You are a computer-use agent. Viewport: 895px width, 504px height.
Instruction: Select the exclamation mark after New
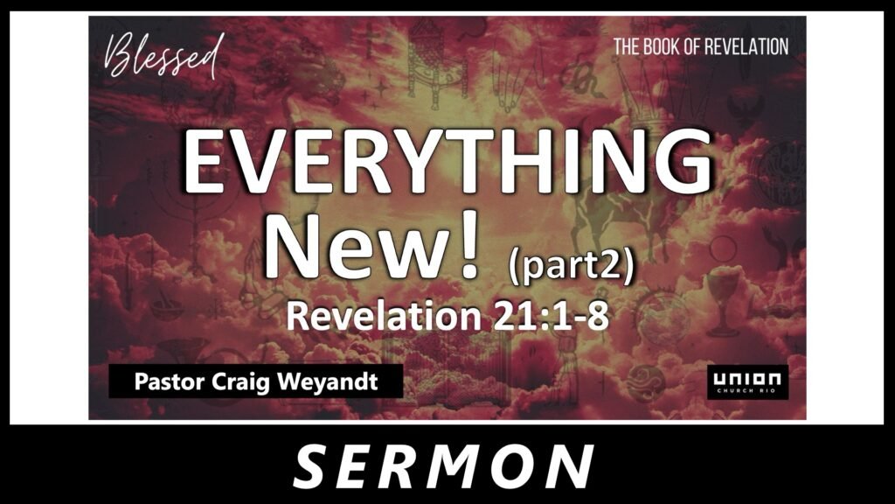[469, 248]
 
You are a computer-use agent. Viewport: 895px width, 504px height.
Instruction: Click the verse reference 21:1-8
[552, 316]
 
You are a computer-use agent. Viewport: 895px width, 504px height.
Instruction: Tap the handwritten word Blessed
[163, 55]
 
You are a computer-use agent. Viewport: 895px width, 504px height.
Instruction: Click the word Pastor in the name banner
[170, 381]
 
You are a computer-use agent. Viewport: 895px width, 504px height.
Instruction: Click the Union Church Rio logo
[748, 381]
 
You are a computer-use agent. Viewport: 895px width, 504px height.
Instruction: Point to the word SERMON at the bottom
[443, 467]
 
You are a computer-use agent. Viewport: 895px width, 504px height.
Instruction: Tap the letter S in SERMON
[314, 467]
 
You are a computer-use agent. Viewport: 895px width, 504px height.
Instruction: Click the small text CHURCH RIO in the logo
[747, 390]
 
